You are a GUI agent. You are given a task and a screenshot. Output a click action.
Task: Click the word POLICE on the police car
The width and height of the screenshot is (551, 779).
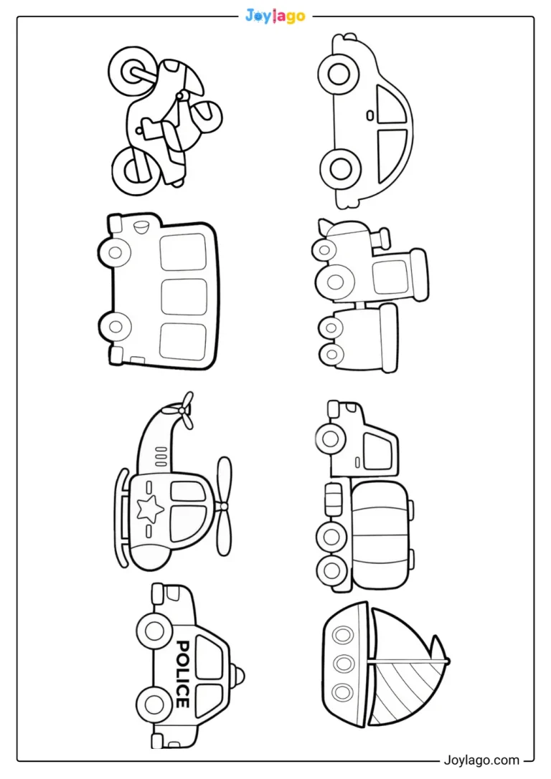[x=183, y=674]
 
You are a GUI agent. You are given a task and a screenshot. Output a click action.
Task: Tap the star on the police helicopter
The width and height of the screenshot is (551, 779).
[x=150, y=510]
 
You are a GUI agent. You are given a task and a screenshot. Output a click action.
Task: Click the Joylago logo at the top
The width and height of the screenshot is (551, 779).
[x=275, y=16]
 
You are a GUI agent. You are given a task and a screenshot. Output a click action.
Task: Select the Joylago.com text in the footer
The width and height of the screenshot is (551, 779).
[x=481, y=760]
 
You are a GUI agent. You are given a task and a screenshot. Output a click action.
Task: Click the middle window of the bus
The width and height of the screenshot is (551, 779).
[x=184, y=297]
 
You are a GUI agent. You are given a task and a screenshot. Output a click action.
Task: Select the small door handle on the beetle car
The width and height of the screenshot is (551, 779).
[x=369, y=115]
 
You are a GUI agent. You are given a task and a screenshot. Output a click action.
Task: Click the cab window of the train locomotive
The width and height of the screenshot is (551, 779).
[x=390, y=277]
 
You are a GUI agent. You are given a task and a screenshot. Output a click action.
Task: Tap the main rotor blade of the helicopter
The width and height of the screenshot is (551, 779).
[x=223, y=506]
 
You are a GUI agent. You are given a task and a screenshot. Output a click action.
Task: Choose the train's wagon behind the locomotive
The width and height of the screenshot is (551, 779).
[x=359, y=338]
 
